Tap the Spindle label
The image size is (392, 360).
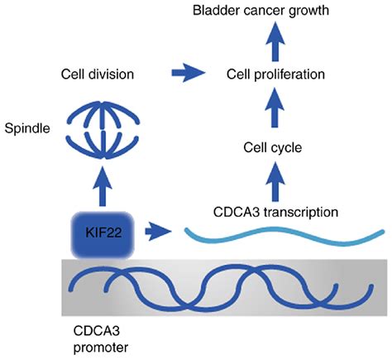coord(27,129)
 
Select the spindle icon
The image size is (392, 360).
coord(103,130)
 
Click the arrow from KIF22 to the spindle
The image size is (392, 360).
coord(103,186)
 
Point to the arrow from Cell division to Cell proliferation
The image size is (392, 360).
coord(189,73)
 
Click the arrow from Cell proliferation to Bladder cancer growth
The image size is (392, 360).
coord(275,41)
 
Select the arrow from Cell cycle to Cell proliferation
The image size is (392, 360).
coord(275,107)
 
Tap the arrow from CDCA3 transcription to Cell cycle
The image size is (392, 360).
coord(275,182)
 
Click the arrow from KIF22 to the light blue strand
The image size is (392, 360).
coord(158,232)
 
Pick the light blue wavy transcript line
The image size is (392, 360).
coord(284,237)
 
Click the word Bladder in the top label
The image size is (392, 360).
coord(213,11)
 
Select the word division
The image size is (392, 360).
coord(113,74)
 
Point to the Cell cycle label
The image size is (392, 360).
coord(272,148)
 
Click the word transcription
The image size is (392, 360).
coord(301,213)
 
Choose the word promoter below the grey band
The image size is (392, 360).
coord(101,348)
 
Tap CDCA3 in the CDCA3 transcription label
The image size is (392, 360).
coord(237,213)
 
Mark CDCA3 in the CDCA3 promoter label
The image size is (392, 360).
coord(97,331)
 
